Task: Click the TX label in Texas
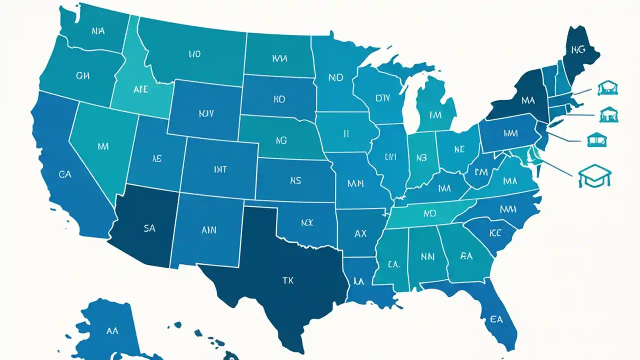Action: click(x=288, y=280)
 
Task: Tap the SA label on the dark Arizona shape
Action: click(x=149, y=228)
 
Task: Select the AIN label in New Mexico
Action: click(x=208, y=230)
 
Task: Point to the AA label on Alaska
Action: click(x=112, y=330)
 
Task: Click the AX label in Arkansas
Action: click(x=360, y=233)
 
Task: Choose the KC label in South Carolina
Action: click(x=495, y=232)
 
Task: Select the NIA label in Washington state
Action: click(x=98, y=31)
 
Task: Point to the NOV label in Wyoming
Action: click(x=206, y=113)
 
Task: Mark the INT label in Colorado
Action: click(x=220, y=170)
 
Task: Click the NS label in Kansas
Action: click(x=295, y=180)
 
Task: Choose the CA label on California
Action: click(x=64, y=174)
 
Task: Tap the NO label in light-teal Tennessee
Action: click(x=430, y=213)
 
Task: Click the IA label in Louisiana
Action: click(x=358, y=281)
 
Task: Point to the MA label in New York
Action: click(x=527, y=100)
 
